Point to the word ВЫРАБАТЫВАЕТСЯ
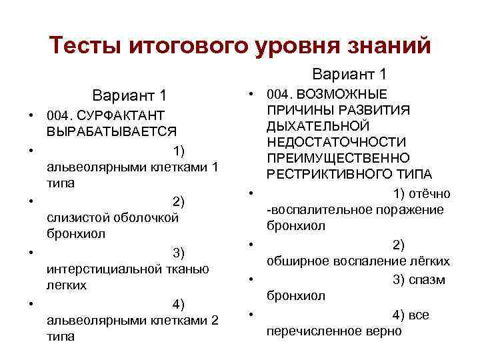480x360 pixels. [111, 131]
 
